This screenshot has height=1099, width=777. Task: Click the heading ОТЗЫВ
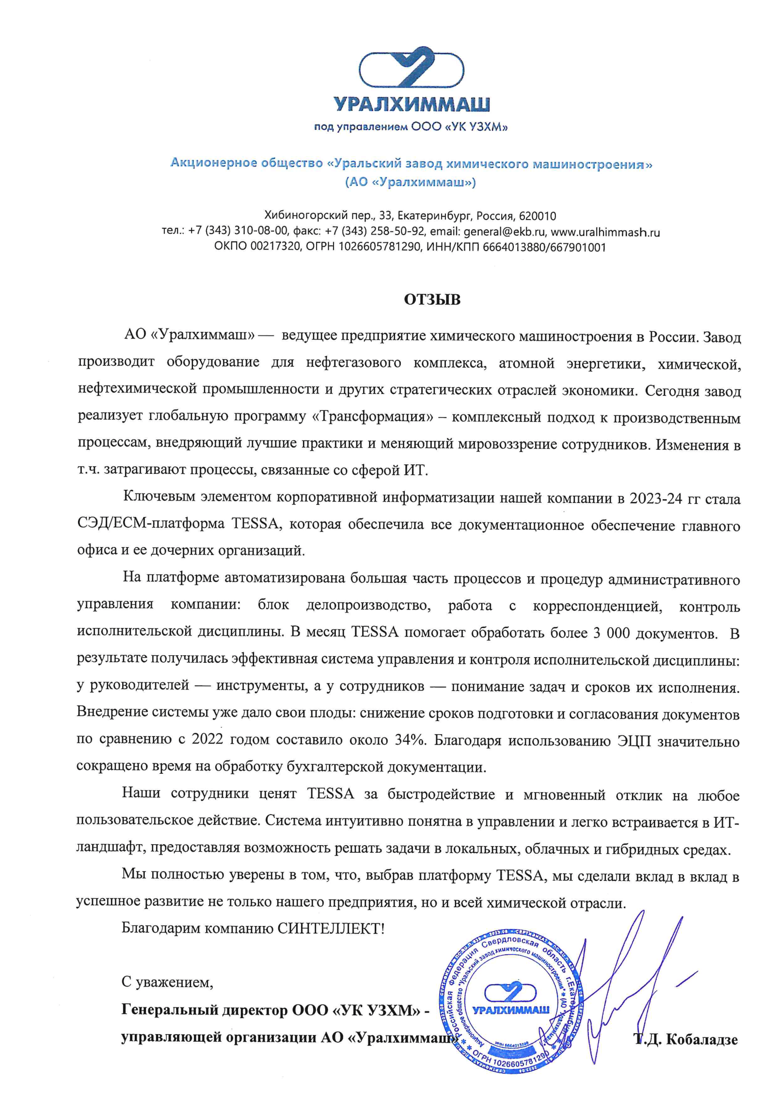click(x=432, y=299)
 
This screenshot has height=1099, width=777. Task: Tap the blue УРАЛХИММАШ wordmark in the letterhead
click(x=411, y=104)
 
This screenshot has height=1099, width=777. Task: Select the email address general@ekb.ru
click(x=504, y=232)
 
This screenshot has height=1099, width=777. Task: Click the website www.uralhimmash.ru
click(x=605, y=232)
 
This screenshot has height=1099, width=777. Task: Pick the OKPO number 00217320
click(x=272, y=247)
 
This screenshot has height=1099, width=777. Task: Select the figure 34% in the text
click(x=409, y=739)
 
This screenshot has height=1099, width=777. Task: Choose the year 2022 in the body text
click(x=207, y=739)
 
